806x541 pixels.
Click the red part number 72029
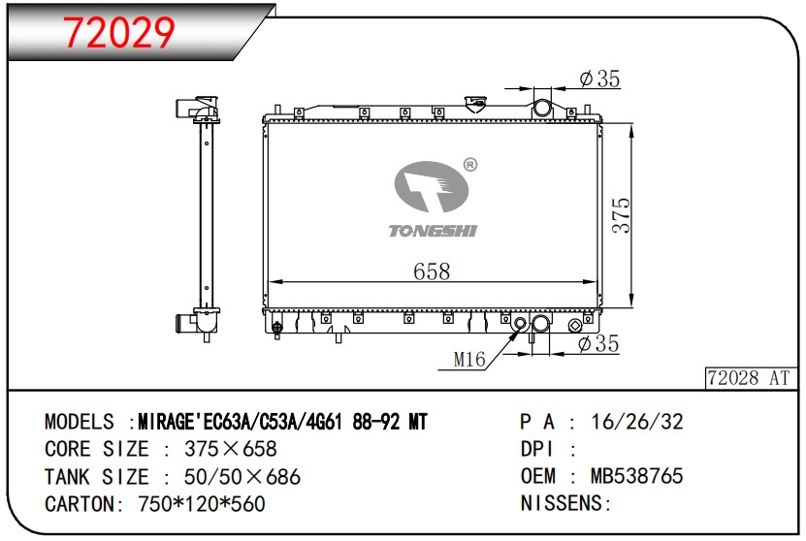point(119,33)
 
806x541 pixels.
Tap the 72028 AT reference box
point(749,378)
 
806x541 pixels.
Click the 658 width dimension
point(432,271)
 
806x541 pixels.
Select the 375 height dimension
point(621,215)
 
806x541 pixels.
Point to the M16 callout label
point(469,361)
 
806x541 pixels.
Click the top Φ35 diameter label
point(598,80)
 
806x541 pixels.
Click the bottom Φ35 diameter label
point(597,343)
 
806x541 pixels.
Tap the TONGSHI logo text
point(433,231)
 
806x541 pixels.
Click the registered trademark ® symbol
point(470,165)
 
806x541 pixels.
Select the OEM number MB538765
point(637,476)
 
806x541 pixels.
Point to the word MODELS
point(80,422)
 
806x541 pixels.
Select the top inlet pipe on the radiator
point(543,104)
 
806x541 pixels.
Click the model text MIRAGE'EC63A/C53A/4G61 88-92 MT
point(282,422)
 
